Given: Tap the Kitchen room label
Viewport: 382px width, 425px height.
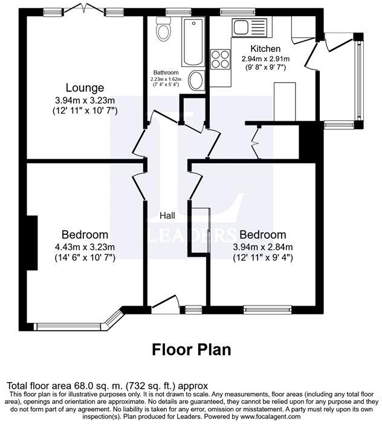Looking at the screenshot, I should tap(265, 49).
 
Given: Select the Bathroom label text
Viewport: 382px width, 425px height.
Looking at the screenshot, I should tap(166, 72).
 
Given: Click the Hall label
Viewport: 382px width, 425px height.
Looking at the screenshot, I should tap(167, 216).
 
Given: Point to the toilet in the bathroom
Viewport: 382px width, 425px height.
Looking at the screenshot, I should tap(162, 28).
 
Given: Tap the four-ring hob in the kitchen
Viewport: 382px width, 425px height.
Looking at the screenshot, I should tap(219, 59).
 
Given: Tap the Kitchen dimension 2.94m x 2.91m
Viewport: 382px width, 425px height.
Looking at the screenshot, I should tap(265, 59).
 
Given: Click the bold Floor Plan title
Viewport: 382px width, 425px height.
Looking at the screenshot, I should tap(191, 349).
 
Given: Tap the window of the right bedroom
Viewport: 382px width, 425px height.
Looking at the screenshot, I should tap(267, 310).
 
